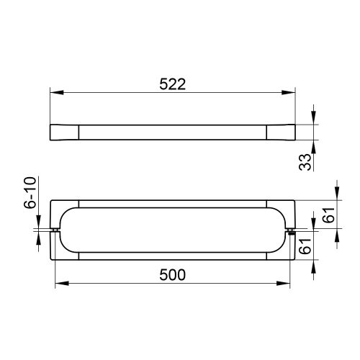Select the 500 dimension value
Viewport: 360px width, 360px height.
pos(173,274)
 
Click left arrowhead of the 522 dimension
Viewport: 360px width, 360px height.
pos(54,92)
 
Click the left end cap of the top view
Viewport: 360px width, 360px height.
pos(63,132)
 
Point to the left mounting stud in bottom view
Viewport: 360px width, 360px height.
pos(56,231)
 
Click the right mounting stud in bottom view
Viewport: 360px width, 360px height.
pos(291,231)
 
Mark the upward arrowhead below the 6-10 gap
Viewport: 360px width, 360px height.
pos(37,238)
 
